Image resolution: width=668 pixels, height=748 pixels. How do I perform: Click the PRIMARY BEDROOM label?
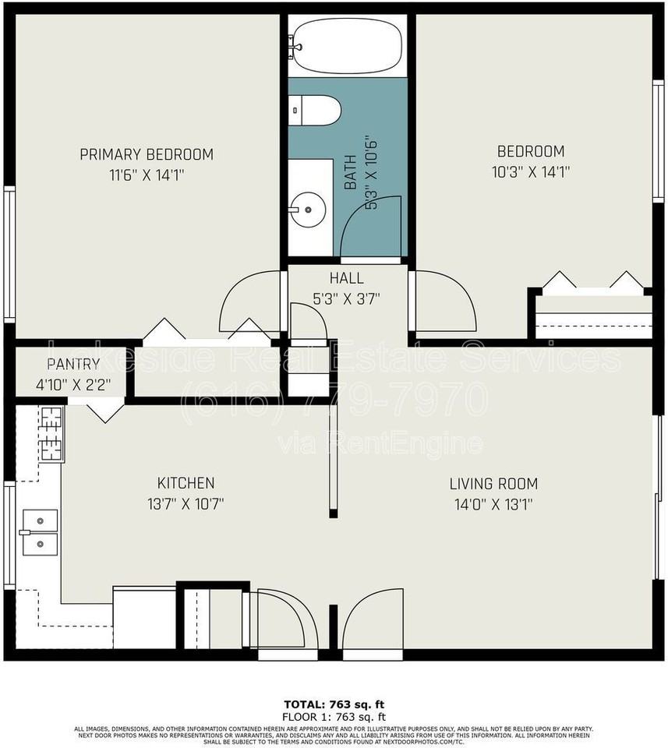(x=147, y=154)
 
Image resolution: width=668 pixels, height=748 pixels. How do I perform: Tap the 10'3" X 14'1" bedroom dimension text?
(x=531, y=172)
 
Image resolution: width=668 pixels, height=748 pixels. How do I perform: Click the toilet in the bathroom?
(x=315, y=110)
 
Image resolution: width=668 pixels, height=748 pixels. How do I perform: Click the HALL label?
(x=346, y=278)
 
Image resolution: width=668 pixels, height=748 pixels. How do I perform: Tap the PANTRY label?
(x=73, y=364)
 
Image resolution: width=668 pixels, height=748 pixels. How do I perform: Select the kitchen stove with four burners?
(x=51, y=433)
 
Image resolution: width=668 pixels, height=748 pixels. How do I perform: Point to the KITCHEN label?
(x=186, y=483)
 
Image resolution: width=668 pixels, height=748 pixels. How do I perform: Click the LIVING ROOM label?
(x=493, y=483)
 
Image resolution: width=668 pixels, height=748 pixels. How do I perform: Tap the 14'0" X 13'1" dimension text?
(x=493, y=504)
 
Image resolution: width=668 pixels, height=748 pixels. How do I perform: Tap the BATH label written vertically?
(x=351, y=172)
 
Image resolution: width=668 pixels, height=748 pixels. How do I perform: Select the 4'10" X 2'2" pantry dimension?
(x=73, y=383)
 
